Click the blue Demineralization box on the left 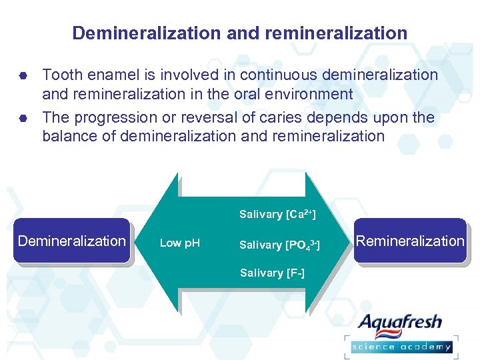tap(71, 241)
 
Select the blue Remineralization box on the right tap(409, 241)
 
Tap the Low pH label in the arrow tap(179, 243)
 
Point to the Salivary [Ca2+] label tap(277, 214)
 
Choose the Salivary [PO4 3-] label tap(279, 245)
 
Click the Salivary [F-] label tap(272, 273)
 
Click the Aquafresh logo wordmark tap(399, 323)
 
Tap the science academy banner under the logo tap(401, 346)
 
